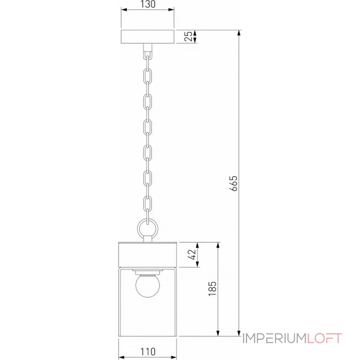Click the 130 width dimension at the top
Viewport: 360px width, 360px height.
tap(148, 4)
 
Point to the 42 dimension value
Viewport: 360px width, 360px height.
tap(193, 255)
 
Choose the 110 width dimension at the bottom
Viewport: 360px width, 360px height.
tap(148, 351)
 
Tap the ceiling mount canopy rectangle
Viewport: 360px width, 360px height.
tap(148, 37)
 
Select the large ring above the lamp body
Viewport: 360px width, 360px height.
tap(147, 228)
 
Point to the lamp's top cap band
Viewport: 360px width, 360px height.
tap(147, 255)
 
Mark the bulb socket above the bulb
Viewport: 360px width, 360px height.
tap(147, 271)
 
